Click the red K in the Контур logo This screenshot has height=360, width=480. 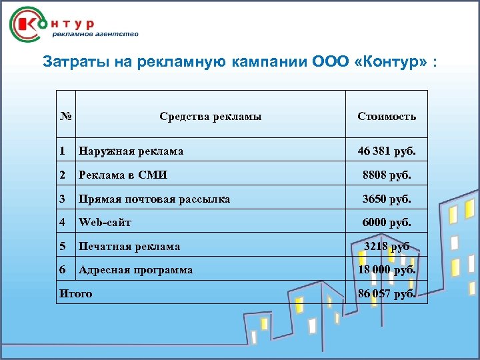pyautogui.click(x=29, y=25)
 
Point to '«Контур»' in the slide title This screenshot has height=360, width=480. pyautogui.click(x=387, y=63)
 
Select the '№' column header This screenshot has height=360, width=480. pyautogui.click(x=65, y=116)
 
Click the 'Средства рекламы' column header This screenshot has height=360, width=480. pyautogui.click(x=210, y=116)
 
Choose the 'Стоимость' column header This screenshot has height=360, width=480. pyautogui.click(x=387, y=116)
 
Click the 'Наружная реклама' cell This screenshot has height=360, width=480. pyautogui.click(x=131, y=151)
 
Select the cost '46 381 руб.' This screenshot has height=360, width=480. pyautogui.click(x=387, y=151)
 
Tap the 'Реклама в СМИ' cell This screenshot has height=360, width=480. pyautogui.click(x=123, y=175)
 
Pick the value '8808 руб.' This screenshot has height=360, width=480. pyautogui.click(x=387, y=175)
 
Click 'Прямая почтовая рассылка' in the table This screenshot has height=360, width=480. pyautogui.click(x=154, y=199)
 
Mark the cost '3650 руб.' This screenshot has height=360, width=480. pyautogui.click(x=387, y=199)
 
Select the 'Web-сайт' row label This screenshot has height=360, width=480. pyautogui.click(x=105, y=223)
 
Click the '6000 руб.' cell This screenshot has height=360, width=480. pyautogui.click(x=387, y=223)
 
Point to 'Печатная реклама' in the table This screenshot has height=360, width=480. pyautogui.click(x=129, y=246)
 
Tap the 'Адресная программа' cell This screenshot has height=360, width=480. pyautogui.click(x=135, y=270)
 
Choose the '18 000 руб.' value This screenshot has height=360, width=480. pyautogui.click(x=387, y=270)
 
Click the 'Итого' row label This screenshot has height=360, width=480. pyautogui.click(x=76, y=293)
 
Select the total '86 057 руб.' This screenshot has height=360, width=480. pyautogui.click(x=387, y=293)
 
